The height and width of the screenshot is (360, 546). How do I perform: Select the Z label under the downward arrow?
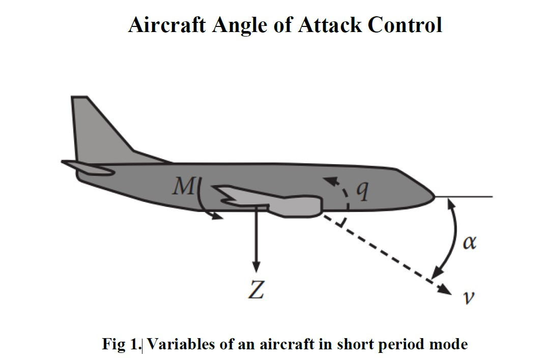pyautogui.click(x=256, y=290)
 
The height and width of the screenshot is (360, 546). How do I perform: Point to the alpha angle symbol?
pyautogui.click(x=469, y=242)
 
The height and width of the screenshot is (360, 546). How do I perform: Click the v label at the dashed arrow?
pyautogui.click(x=469, y=297)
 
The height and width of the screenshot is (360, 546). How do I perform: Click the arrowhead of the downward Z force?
pyautogui.click(x=256, y=266)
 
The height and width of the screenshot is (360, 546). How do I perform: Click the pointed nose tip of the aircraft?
pyautogui.click(x=435, y=197)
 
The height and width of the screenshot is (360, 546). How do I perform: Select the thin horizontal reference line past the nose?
pyautogui.click(x=464, y=196)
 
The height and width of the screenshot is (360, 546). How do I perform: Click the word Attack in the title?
pyautogui.click(x=330, y=25)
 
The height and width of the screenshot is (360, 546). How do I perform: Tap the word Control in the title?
pyautogui.click(x=405, y=25)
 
